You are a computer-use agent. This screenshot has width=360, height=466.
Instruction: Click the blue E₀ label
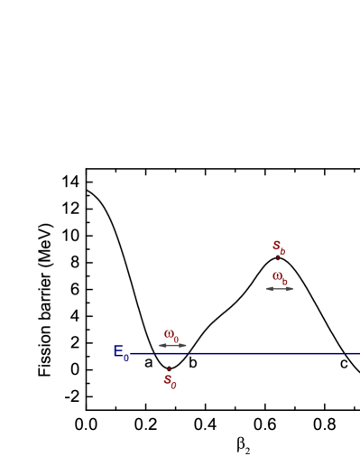tap(121, 352)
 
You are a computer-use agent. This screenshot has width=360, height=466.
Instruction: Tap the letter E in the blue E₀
tap(118, 351)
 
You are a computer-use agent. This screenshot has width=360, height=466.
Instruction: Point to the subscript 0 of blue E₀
tap(126, 359)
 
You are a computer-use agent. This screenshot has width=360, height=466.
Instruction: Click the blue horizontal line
tap(244, 353)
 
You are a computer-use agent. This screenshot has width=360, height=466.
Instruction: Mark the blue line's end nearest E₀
tap(131, 353)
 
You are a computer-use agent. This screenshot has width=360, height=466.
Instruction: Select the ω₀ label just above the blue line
tap(171, 336)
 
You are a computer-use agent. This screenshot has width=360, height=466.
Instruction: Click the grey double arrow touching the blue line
tap(172, 345)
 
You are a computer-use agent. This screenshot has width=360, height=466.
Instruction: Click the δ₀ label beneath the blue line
tap(169, 382)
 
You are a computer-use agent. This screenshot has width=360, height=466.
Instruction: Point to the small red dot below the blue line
tap(169, 368)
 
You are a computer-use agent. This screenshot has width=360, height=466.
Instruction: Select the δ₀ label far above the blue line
tap(278, 247)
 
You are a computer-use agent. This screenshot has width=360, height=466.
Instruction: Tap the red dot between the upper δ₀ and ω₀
tap(278, 259)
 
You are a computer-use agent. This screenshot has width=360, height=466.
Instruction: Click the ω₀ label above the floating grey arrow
tap(279, 278)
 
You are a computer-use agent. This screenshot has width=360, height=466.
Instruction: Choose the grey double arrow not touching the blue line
tap(280, 289)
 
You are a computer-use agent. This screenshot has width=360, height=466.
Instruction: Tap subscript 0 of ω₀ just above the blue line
tap(176, 340)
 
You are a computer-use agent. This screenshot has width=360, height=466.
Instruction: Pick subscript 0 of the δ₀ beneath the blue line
tap(173, 386)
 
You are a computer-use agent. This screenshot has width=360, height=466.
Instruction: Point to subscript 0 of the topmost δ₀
tap(282, 252)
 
